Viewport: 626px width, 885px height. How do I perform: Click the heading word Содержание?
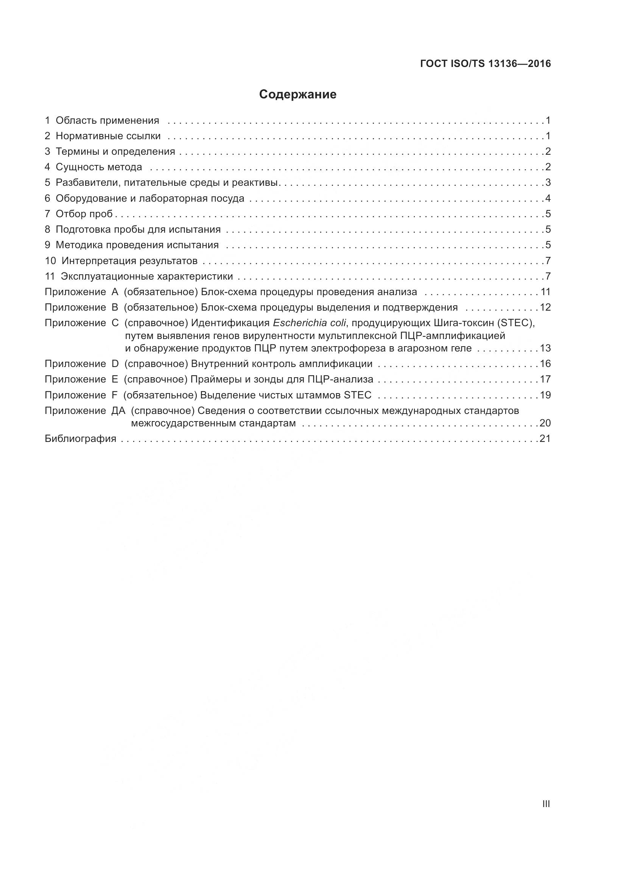click(297, 95)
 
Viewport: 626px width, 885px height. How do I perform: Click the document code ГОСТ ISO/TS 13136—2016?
click(485, 64)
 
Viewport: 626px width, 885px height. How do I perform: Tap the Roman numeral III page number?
click(546, 804)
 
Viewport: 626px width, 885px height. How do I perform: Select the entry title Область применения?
click(107, 121)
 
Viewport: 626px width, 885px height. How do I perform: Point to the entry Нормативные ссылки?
click(108, 136)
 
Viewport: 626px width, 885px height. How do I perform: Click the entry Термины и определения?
click(115, 151)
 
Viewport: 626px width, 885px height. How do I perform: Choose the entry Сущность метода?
click(99, 167)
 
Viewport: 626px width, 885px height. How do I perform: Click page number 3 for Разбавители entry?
click(548, 183)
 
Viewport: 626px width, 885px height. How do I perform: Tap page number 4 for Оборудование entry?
click(548, 199)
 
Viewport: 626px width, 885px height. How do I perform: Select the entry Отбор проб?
click(84, 214)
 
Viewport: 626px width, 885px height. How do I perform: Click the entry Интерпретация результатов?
click(129, 261)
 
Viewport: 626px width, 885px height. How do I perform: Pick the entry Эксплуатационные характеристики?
click(147, 276)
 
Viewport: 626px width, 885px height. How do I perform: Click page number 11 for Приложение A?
click(545, 292)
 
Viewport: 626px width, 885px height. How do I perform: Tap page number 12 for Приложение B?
click(545, 308)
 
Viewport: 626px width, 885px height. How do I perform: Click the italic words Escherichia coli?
click(309, 323)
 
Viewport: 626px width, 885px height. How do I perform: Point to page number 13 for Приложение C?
click(545, 348)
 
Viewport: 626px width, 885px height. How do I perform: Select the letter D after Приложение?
click(115, 364)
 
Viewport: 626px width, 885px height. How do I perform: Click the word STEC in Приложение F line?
click(357, 395)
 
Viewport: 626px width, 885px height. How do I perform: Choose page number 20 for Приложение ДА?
click(545, 423)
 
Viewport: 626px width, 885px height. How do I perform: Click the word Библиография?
click(81, 439)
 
